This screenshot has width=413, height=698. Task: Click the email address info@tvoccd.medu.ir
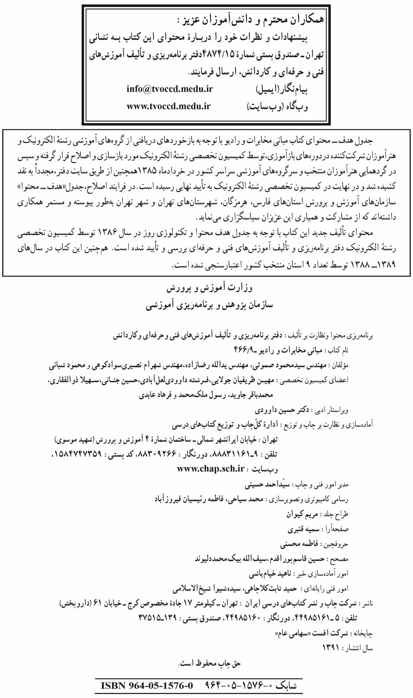(169, 89)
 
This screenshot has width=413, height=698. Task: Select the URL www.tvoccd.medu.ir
(168, 107)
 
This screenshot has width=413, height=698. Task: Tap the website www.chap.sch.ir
(211, 469)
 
